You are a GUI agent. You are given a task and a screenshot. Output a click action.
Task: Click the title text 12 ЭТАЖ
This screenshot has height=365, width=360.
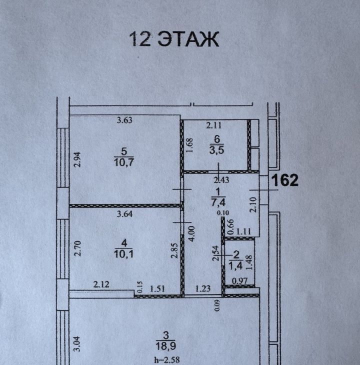coord(174,39)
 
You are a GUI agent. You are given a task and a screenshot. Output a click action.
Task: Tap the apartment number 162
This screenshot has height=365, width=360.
coord(284,180)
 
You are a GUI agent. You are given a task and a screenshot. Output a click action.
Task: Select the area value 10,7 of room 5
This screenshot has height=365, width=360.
coord(124,162)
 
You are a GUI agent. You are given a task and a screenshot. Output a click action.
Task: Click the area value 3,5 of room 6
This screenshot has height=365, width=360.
coord(216,150)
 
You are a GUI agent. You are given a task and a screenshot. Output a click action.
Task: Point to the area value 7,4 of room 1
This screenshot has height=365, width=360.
coord(218,202)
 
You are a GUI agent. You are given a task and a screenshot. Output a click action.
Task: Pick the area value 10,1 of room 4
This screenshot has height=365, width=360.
coord(124,253)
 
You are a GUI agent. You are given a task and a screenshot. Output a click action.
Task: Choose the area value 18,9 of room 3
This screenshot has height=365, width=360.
coord(165,346)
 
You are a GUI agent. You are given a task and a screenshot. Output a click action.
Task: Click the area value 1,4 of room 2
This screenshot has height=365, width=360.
coord(235,265)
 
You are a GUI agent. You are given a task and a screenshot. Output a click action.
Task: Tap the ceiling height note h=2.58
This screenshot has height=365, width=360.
coord(167,360)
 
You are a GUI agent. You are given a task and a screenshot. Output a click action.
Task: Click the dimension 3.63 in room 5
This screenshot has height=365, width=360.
coord(124,120)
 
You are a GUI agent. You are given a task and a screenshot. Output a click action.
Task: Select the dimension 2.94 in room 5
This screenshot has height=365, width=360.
coord(77,159)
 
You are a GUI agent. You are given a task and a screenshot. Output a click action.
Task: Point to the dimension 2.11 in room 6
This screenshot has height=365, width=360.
coord(214,125)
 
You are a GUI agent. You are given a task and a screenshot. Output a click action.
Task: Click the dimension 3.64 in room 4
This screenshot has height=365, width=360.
coord(124,214)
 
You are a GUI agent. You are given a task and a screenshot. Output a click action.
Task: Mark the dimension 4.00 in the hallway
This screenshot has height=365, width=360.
coord(192,233)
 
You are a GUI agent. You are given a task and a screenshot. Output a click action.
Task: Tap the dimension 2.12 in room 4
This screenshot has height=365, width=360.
coord(101,284)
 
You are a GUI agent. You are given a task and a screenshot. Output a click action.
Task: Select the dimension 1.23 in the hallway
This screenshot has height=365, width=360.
coord(202,289)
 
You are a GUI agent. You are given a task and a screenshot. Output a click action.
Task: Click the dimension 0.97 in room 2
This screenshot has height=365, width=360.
coord(239,281)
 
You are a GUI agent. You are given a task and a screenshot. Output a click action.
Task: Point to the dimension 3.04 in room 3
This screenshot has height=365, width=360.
coord(77,344)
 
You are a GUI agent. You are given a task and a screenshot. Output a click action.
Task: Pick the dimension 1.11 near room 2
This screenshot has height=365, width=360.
coord(243,231)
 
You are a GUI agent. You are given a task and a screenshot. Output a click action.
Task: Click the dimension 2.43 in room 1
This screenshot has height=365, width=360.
coord(221,180)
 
